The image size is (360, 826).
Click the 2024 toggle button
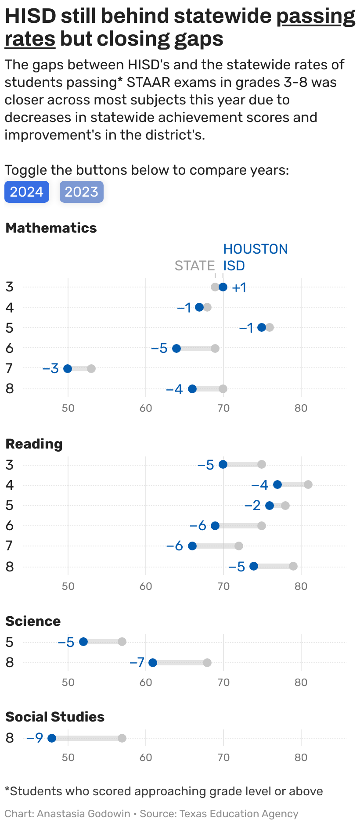pyautogui.click(x=26, y=192)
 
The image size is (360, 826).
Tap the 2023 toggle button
pyautogui.click(x=81, y=192)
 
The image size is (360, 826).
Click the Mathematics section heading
pyautogui.click(x=51, y=228)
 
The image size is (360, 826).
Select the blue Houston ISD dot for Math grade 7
pyautogui.click(x=68, y=368)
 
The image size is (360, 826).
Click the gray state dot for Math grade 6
pyautogui.click(x=215, y=348)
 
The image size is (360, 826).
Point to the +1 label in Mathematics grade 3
pyautogui.click(x=239, y=288)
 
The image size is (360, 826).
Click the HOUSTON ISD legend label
pyautogui.click(x=255, y=257)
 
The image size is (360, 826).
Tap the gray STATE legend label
pyautogui.click(x=194, y=266)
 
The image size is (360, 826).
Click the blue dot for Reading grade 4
pyautogui.click(x=277, y=485)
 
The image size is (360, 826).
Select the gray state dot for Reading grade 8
pyautogui.click(x=293, y=566)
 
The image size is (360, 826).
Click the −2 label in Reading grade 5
pyautogui.click(x=252, y=506)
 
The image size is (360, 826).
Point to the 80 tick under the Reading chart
pyautogui.click(x=301, y=586)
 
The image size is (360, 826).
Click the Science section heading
pyautogui.click(x=33, y=621)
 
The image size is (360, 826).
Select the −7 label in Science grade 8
pyautogui.click(x=137, y=662)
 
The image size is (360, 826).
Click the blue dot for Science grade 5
pyautogui.click(x=83, y=642)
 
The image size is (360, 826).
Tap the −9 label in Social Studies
pyautogui.click(x=35, y=738)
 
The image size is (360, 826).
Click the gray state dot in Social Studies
pyautogui.click(x=122, y=738)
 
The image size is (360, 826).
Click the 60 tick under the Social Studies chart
pyautogui.click(x=146, y=757)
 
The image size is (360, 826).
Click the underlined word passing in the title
pyautogui.click(x=316, y=17)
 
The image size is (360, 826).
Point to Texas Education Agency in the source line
pyautogui.click(x=239, y=813)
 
